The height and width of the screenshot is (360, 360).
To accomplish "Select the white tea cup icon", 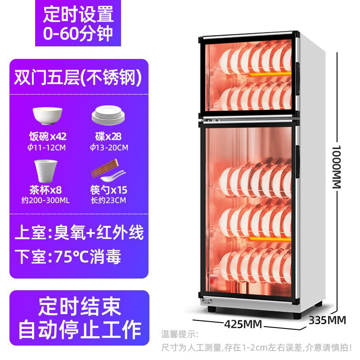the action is pos(46,170).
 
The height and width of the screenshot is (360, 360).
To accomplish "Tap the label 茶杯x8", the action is pos(46,189).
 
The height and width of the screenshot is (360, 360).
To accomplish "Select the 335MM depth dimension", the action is pos(327,320).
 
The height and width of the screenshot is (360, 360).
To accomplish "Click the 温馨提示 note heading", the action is pos(179,334).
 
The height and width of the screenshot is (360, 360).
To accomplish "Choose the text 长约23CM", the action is pos(108,200).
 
